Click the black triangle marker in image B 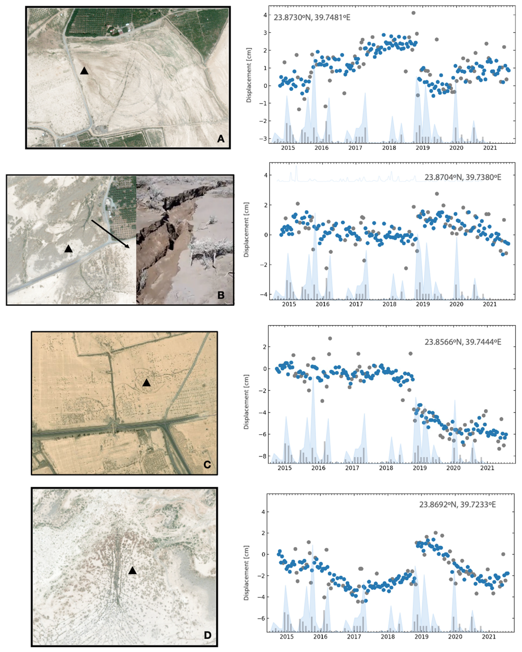coord(68,249)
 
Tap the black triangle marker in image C coord(146,383)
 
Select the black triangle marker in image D coord(132,571)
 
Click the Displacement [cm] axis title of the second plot coord(246,230)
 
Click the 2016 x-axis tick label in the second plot coord(323,304)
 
